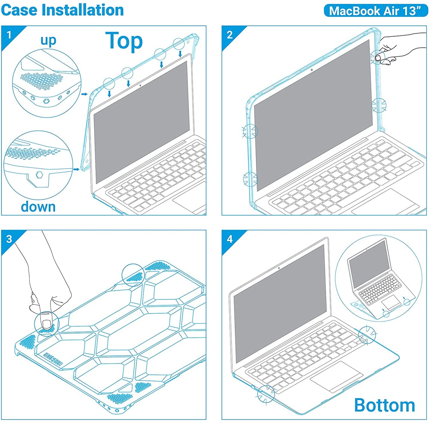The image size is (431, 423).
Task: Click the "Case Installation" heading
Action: click(62, 10)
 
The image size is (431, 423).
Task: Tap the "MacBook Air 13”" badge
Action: click(376, 11)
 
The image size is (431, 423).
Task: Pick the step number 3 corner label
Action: click(9, 239)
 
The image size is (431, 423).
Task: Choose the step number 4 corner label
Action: click(229, 239)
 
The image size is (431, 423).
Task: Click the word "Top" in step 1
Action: click(124, 41)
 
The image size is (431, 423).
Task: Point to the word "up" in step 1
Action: click(48, 41)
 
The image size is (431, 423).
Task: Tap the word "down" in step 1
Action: click(38, 207)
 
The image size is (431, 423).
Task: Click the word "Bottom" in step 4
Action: click(384, 405)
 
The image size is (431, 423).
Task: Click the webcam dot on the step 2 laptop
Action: click(312, 70)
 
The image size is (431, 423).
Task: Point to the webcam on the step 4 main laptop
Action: click(279, 268)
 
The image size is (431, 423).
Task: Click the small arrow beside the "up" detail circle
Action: click(84, 94)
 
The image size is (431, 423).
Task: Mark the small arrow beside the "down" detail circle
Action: click(76, 169)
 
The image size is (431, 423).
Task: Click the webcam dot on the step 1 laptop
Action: click(140, 86)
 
